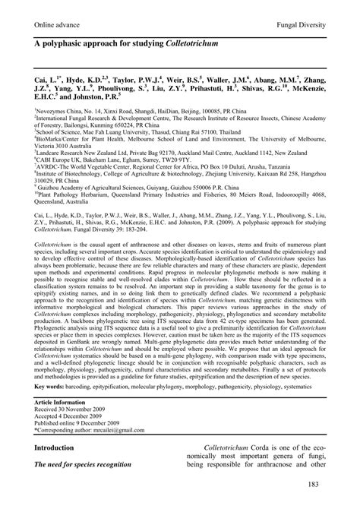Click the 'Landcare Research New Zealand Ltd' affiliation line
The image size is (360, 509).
tap(175, 152)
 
